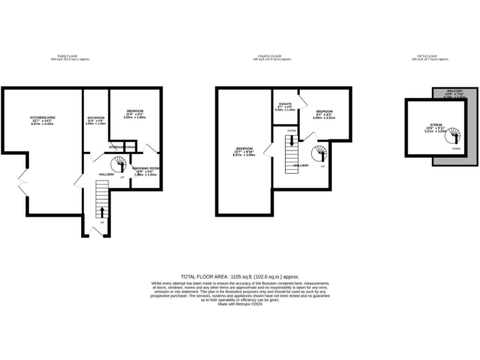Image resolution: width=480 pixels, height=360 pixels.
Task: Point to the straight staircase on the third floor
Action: [101, 200]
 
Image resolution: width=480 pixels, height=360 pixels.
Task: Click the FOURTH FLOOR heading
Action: [272, 57]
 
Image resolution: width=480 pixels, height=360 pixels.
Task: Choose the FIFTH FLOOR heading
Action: [430, 57]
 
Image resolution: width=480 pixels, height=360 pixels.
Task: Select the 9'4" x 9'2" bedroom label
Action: [324, 113]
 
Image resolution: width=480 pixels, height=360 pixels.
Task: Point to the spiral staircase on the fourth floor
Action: [319, 153]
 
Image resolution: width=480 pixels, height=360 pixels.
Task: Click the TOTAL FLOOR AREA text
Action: [240, 276]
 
